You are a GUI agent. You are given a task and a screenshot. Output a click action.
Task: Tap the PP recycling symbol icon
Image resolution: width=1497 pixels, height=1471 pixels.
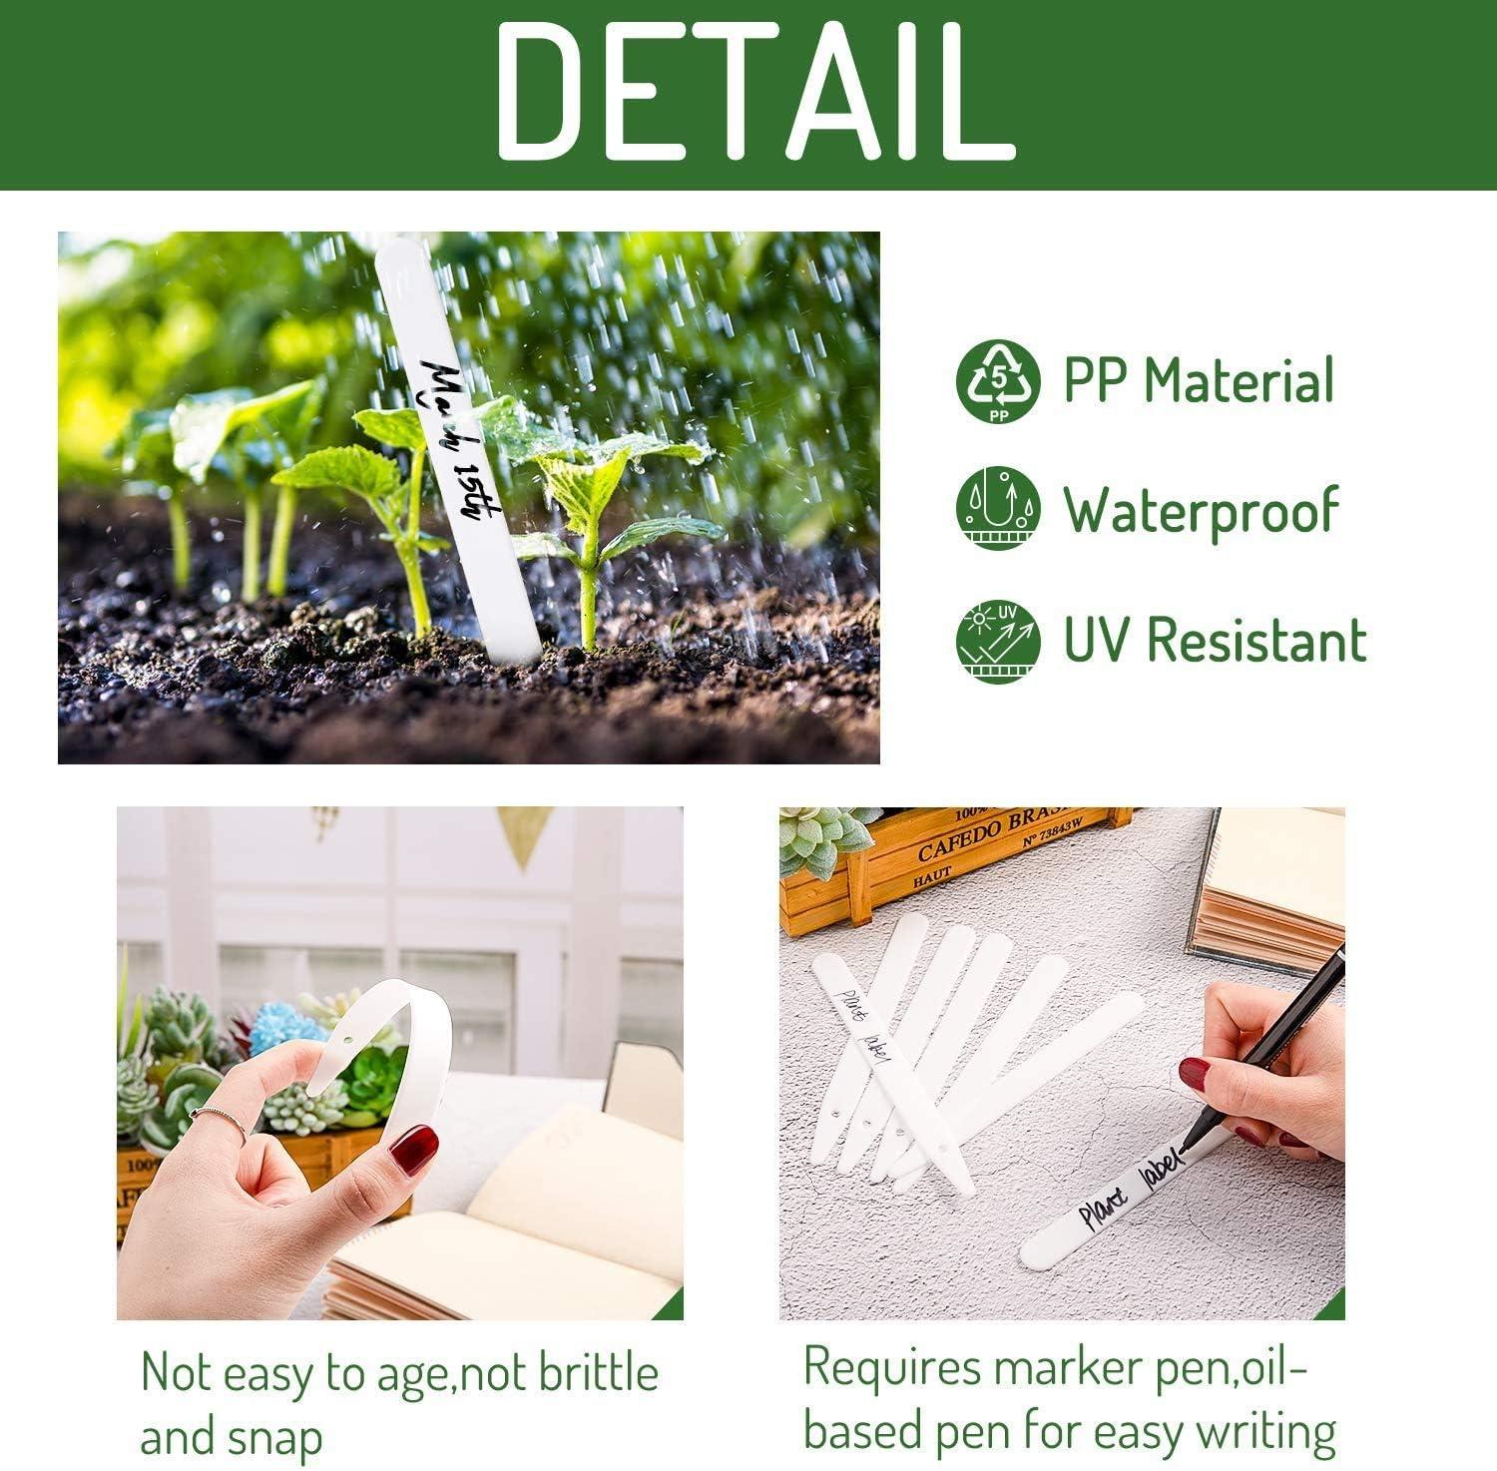pyautogui.click(x=997, y=380)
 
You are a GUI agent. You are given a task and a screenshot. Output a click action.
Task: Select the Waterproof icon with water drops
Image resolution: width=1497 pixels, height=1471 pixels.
pyautogui.click(x=997, y=508)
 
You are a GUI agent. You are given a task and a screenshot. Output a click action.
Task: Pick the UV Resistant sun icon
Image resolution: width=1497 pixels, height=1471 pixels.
pyautogui.click(x=997, y=641)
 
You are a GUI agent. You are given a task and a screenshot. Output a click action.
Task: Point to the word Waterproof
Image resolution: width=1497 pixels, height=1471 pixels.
pyautogui.click(x=1200, y=510)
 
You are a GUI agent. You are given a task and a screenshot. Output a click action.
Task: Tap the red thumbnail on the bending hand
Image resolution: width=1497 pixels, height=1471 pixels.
pyautogui.click(x=413, y=1150)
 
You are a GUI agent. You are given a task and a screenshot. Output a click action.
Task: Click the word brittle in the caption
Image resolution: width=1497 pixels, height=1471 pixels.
pyautogui.click(x=599, y=1374)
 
